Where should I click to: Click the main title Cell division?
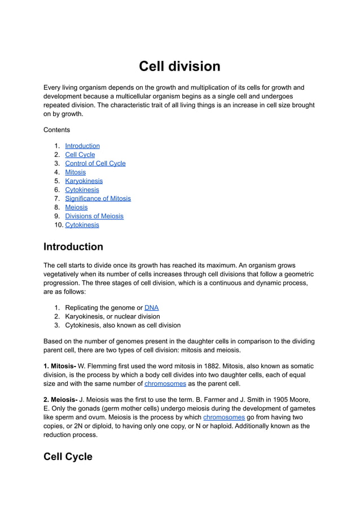(x=179, y=67)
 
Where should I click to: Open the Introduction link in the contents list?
(x=82, y=146)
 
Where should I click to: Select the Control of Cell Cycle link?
(x=95, y=164)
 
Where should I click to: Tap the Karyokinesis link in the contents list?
(x=84, y=181)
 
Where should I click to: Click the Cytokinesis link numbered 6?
(x=82, y=190)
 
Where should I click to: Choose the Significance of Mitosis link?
(x=98, y=198)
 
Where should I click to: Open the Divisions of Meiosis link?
(x=94, y=216)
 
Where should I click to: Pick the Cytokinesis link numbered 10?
(x=82, y=225)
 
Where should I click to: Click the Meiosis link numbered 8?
(x=76, y=207)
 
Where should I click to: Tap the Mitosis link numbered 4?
(x=76, y=173)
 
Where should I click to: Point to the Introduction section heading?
(x=73, y=247)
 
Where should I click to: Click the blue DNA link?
(x=151, y=308)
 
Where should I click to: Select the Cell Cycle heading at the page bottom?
(x=68, y=457)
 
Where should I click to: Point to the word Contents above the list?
(x=56, y=130)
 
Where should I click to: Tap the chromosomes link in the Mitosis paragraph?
(x=165, y=384)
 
